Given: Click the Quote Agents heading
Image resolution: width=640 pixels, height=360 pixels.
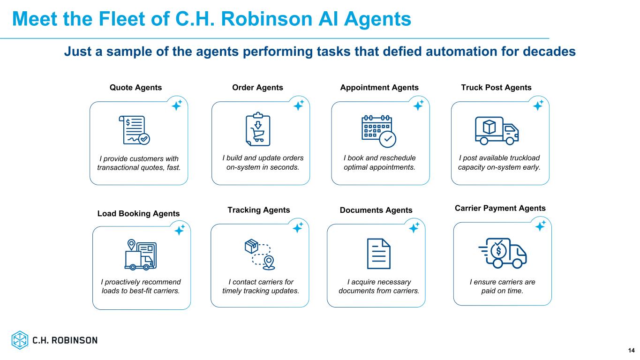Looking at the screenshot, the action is click(x=136, y=88).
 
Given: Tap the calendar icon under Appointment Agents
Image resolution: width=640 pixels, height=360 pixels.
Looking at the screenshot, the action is click(x=379, y=131).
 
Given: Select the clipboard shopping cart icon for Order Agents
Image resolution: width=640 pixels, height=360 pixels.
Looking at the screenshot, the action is click(x=258, y=129).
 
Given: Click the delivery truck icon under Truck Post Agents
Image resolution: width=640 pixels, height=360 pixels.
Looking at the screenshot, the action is click(x=497, y=131).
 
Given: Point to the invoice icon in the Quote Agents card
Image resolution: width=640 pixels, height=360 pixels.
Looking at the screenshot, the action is click(x=134, y=130).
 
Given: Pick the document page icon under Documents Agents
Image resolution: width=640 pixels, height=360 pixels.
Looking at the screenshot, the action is click(x=378, y=254).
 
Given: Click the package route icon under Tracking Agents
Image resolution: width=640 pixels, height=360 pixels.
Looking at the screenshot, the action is click(x=260, y=254).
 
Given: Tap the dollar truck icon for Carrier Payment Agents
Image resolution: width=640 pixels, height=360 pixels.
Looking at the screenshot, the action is click(x=503, y=253).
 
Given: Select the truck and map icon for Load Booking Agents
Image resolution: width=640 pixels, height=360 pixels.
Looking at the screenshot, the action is click(x=141, y=255).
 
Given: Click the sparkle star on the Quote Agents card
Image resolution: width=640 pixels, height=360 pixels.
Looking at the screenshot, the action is click(x=177, y=105).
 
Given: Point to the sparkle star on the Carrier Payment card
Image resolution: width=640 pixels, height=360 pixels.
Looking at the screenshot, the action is click(x=540, y=226).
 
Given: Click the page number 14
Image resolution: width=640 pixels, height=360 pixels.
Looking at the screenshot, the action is click(x=631, y=350).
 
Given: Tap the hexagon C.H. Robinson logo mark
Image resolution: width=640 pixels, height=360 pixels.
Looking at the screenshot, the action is click(x=20, y=340).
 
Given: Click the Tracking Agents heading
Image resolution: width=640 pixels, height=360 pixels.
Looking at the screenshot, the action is click(x=258, y=210).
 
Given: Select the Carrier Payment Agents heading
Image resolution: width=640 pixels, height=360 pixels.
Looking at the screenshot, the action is click(x=500, y=208).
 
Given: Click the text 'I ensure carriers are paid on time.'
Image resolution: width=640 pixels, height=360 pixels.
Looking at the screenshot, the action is click(x=502, y=286).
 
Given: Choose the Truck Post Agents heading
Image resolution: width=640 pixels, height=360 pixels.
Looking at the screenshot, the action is click(x=496, y=88).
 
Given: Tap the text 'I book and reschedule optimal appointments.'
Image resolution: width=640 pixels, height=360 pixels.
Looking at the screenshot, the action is click(x=379, y=163).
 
